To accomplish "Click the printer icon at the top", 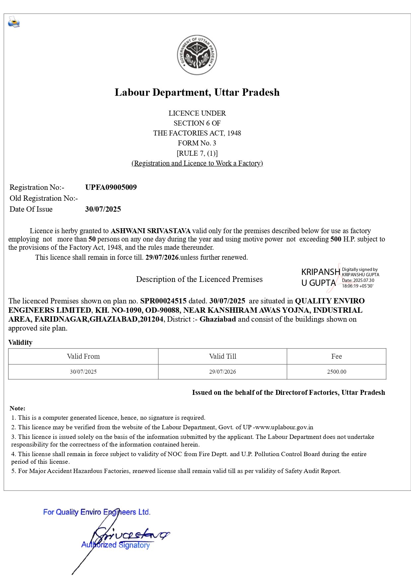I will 14,22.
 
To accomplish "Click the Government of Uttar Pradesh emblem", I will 197,55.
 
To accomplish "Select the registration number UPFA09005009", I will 111,187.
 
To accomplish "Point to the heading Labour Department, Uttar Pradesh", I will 197,92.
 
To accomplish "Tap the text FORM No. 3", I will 197,143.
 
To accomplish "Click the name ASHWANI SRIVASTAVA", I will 150,231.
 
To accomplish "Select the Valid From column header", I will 83,356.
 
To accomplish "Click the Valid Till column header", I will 222,356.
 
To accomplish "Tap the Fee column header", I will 336,356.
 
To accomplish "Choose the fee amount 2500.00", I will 336,372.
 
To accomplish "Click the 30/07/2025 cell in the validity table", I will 83,372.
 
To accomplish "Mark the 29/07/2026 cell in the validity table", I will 222,372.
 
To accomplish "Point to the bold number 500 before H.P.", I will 336,239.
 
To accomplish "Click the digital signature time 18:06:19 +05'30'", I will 358,286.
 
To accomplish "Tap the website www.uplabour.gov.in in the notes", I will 284,427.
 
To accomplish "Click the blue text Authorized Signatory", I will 115,545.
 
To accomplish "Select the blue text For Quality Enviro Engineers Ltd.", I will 97,512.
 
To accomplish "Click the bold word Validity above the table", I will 20,343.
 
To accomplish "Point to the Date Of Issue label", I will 31,209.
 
